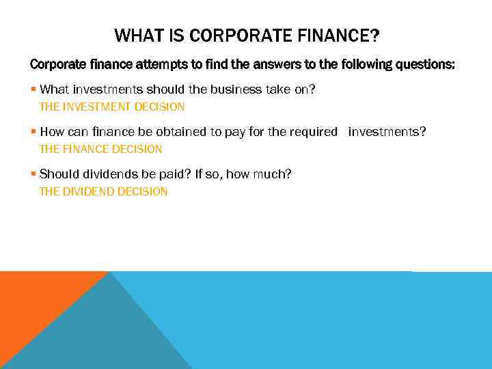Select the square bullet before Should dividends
(33, 175)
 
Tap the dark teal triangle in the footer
(102, 335)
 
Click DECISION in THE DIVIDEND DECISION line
(142, 191)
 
